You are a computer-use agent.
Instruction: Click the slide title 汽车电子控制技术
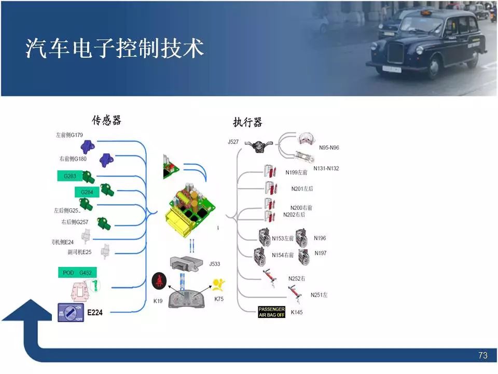tap(115, 48)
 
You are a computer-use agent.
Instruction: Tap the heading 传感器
tap(106, 121)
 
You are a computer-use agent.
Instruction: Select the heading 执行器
tap(247, 122)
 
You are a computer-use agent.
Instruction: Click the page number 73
tap(482, 356)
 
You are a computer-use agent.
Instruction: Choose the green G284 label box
tap(86, 192)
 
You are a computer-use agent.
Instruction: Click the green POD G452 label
tap(76, 273)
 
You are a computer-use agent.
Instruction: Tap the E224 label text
tap(95, 313)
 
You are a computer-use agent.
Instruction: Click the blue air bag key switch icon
tap(71, 312)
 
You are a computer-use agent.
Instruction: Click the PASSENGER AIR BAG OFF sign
tap(272, 312)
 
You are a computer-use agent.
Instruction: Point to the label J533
tap(214, 264)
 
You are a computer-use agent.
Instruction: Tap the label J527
tap(233, 141)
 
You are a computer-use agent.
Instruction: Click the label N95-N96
tap(329, 148)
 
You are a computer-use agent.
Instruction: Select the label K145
tap(297, 312)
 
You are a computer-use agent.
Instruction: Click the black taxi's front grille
tap(395, 52)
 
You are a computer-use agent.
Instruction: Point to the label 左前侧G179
tap(69, 135)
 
